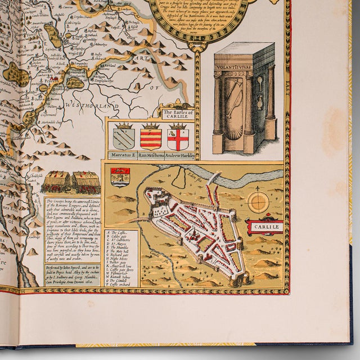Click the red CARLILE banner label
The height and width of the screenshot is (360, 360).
265,227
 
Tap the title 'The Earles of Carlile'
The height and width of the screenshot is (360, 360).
177,115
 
